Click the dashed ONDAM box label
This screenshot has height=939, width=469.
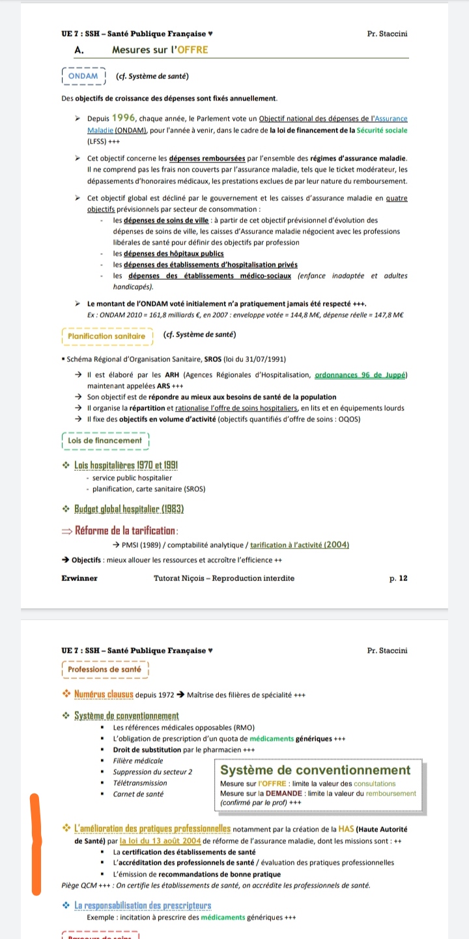click(x=83, y=76)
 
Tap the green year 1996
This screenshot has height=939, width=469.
click(x=123, y=118)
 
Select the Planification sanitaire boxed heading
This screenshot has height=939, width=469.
click(x=107, y=336)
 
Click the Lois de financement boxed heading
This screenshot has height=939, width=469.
click(x=104, y=441)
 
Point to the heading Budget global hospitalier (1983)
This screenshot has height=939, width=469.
click(x=128, y=509)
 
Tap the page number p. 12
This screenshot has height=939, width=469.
click(x=399, y=578)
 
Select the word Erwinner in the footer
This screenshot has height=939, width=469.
click(x=79, y=578)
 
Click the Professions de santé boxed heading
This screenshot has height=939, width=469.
click(x=104, y=670)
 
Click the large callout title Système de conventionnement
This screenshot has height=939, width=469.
click(x=315, y=770)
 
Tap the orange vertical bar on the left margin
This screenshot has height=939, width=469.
click(x=36, y=844)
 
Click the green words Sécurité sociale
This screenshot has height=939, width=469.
click(x=382, y=130)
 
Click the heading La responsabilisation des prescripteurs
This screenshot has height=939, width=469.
click(x=143, y=906)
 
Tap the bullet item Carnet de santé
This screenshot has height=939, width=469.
click(x=139, y=794)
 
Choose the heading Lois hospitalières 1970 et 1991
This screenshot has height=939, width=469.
click(x=127, y=465)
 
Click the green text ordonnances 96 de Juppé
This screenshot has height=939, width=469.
click(x=362, y=374)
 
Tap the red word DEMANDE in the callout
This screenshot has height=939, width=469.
click(x=283, y=793)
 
